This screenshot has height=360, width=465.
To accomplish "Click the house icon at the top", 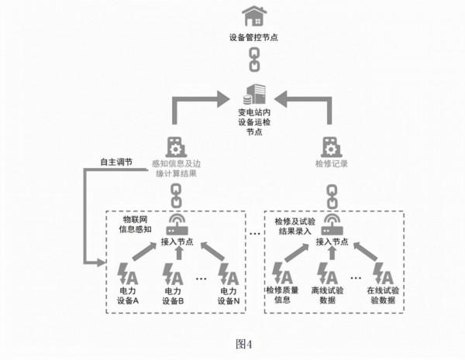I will click(251, 15).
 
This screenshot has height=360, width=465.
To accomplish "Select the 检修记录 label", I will click(331, 164).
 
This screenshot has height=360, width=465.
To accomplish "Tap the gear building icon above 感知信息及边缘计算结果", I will click(175, 146).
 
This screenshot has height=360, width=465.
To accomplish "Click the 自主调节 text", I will click(116, 163).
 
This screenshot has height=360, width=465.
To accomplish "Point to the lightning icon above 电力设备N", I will click(228, 273).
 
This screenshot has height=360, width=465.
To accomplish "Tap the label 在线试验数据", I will click(383, 295).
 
